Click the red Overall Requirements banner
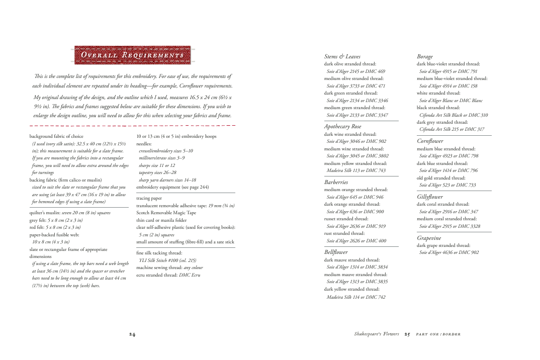(x=134, y=55)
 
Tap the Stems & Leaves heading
(x=342, y=57)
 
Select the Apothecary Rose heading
(x=342, y=126)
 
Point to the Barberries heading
(x=336, y=182)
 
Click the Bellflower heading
(x=336, y=252)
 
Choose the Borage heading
(x=424, y=57)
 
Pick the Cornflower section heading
(x=430, y=141)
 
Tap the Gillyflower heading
(x=430, y=197)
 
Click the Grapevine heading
(x=429, y=238)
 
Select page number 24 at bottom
(x=132, y=334)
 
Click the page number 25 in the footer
(x=408, y=334)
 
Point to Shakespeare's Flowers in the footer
(x=377, y=334)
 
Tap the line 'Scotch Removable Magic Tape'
(x=166, y=213)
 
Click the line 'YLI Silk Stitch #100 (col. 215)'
(x=167, y=260)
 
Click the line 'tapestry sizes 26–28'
(x=157, y=172)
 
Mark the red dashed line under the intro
(x=132, y=125)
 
